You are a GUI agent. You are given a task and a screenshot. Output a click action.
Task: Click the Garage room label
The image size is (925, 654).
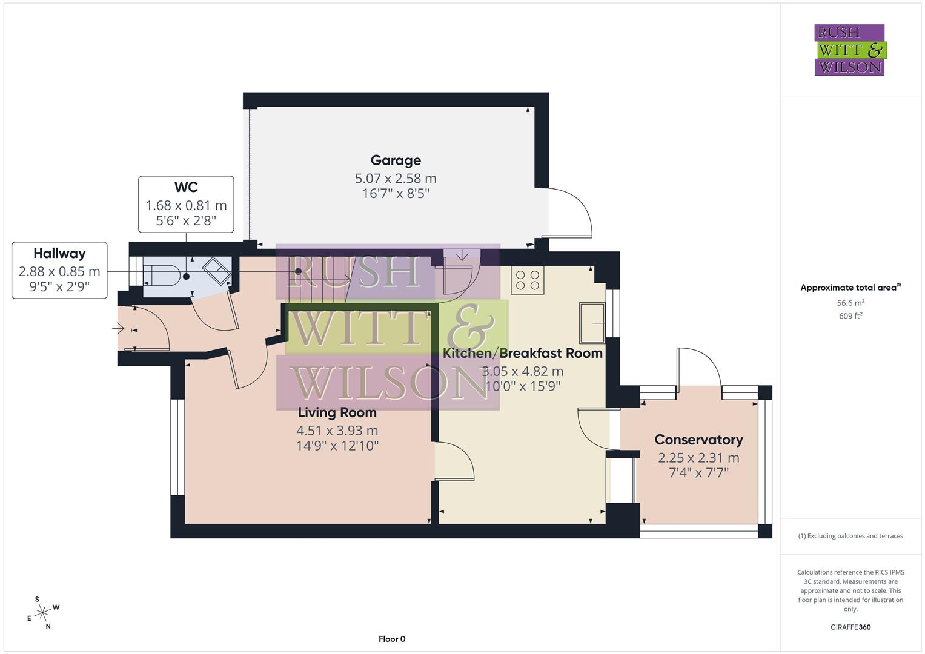click(x=396, y=160)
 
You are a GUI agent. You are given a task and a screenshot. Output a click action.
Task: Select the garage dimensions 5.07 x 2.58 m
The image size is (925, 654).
click(x=396, y=179)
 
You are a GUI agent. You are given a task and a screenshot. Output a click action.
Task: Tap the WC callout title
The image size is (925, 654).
click(x=186, y=188)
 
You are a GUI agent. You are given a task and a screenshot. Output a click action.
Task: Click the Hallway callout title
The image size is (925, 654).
click(x=59, y=254)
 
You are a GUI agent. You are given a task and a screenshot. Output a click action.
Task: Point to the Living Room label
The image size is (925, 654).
click(x=337, y=413)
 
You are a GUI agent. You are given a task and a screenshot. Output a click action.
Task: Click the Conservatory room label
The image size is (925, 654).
click(x=698, y=440)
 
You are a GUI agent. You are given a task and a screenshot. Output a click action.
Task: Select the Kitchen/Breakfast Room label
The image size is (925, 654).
click(x=523, y=353)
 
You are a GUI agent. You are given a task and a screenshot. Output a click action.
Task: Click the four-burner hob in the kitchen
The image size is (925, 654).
click(x=527, y=280)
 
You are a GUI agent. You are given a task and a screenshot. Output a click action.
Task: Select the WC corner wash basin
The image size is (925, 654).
click(x=216, y=269)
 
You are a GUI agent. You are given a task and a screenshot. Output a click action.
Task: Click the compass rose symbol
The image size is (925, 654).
click(x=42, y=613)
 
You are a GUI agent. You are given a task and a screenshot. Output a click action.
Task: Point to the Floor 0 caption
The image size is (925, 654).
click(x=392, y=639)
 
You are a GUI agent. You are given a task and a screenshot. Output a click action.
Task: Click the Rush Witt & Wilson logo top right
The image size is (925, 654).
click(x=849, y=50)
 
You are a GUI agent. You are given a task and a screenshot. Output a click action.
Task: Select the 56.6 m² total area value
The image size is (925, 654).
click(x=850, y=303)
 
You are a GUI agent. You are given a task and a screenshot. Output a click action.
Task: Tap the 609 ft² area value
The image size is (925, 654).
click(x=850, y=316)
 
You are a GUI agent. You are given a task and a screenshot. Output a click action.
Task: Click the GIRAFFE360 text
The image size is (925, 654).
click(x=850, y=627)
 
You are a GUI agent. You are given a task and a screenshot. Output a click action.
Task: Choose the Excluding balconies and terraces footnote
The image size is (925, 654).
click(x=850, y=536)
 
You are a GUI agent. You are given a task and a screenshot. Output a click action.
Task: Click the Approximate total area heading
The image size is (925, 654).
click(x=850, y=288)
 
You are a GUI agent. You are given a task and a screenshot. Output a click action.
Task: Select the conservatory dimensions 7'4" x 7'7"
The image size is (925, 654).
click(x=698, y=473)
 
